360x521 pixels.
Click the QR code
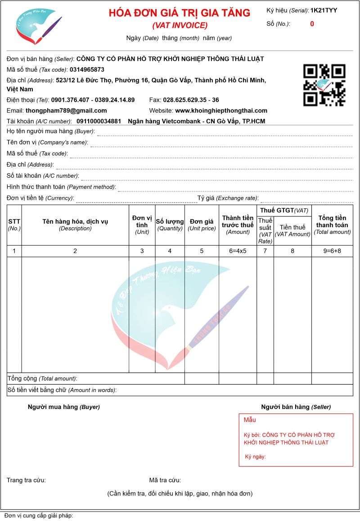click(x=324, y=85)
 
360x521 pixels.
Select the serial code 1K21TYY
click(x=324, y=10)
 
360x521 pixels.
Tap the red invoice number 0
click(x=312, y=24)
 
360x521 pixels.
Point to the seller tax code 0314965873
click(x=87, y=70)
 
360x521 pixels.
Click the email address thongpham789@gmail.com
click(x=66, y=111)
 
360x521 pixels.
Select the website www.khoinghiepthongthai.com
click(x=221, y=111)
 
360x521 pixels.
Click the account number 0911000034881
click(x=99, y=121)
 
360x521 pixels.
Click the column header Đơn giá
click(x=202, y=221)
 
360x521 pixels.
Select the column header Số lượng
click(x=170, y=221)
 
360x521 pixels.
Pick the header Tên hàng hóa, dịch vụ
click(x=75, y=221)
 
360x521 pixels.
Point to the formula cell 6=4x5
click(x=238, y=251)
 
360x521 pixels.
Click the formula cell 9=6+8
click(x=332, y=251)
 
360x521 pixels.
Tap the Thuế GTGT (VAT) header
click(x=284, y=211)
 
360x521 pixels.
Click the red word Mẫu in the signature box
click(x=250, y=420)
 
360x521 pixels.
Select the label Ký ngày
click(x=255, y=457)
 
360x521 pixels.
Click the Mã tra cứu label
click(x=165, y=480)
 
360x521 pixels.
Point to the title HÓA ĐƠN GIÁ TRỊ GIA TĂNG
click(x=179, y=13)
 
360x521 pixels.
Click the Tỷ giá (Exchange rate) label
click(x=227, y=198)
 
